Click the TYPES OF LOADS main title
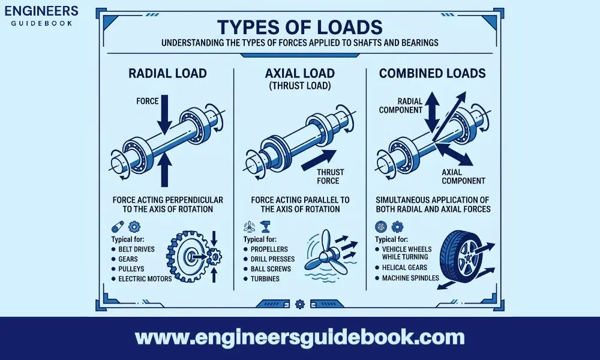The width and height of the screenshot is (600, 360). [x=300, y=27]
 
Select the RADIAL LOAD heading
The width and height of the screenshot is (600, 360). [x=167, y=73]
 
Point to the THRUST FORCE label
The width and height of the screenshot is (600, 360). [x=330, y=176]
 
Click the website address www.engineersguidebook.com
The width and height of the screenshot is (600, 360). [x=300, y=337]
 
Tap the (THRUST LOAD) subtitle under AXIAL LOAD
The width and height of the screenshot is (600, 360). [x=299, y=86]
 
